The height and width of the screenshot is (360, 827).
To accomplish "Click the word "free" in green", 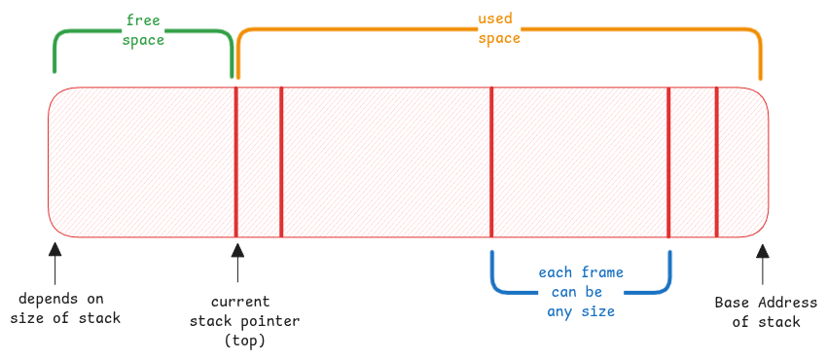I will (x=143, y=20).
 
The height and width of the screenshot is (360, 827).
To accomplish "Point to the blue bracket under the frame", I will (x=581, y=290).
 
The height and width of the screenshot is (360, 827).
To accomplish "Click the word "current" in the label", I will (x=240, y=302).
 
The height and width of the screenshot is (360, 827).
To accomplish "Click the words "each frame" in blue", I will (x=581, y=272).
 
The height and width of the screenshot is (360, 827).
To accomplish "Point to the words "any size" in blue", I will (x=581, y=311).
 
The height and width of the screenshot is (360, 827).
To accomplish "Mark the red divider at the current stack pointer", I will (x=236, y=161).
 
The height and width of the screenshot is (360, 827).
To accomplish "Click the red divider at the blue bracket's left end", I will (x=491, y=161).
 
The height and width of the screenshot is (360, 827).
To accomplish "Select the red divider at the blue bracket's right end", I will (x=668, y=161).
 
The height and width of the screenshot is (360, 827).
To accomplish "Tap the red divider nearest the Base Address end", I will (x=716, y=161).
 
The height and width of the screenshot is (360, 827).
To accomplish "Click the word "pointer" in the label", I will (x=275, y=321).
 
